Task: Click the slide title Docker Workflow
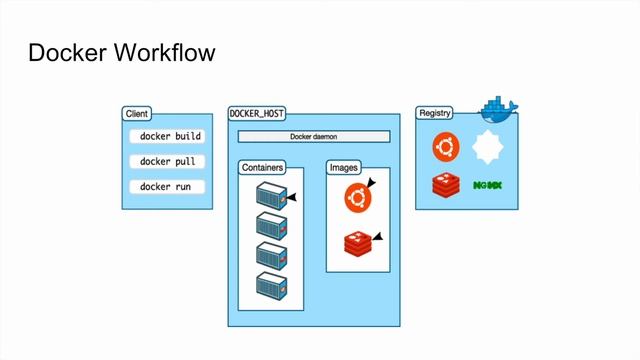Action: (x=121, y=53)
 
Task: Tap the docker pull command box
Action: (x=167, y=161)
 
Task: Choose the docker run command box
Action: (x=167, y=187)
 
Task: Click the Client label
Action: (x=136, y=113)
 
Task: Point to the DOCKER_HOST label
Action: (x=256, y=113)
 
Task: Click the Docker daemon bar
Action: (x=312, y=136)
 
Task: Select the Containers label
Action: (x=262, y=167)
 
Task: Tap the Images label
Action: (x=343, y=167)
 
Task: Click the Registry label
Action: (x=434, y=113)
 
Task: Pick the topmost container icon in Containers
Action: (x=271, y=196)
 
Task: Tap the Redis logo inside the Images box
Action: (x=358, y=243)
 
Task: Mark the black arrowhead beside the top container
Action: (x=292, y=198)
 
